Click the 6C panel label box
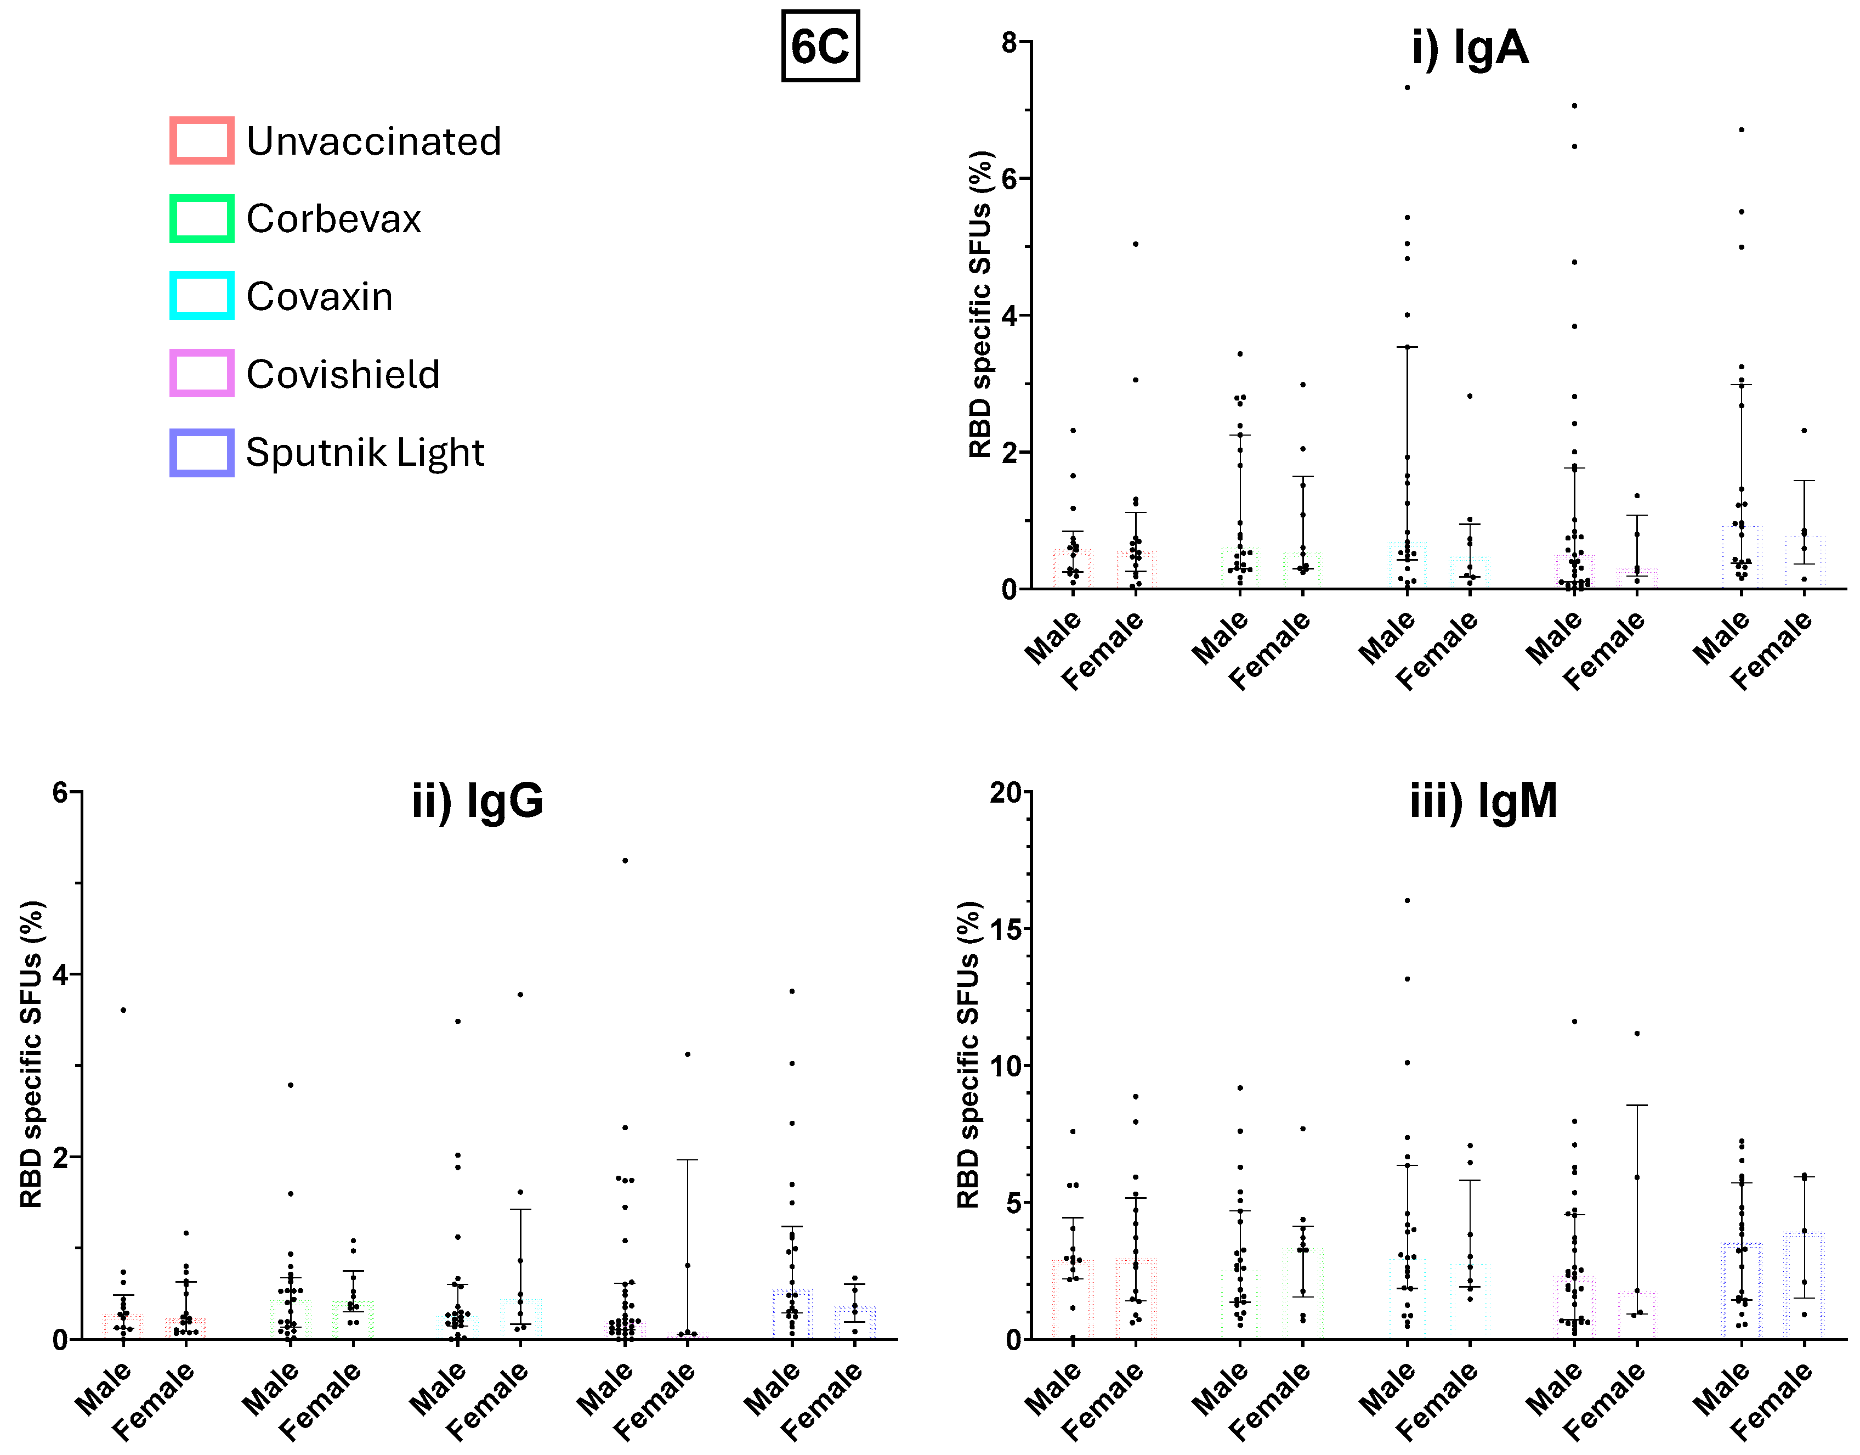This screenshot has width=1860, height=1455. point(820,46)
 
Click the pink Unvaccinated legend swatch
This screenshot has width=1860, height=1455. point(202,140)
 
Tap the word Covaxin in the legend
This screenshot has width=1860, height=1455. point(319,296)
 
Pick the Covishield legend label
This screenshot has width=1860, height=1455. point(342,374)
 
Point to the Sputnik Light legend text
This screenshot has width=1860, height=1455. point(365,452)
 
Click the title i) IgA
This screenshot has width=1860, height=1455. point(1469,47)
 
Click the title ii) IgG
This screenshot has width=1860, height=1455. point(477,801)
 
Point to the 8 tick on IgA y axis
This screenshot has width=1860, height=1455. point(1009,42)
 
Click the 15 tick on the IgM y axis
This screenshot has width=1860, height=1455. point(1005,929)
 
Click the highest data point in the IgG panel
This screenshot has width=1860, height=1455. point(625,860)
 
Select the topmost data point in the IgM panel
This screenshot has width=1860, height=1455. point(1407,900)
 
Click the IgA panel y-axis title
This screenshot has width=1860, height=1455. point(980,305)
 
